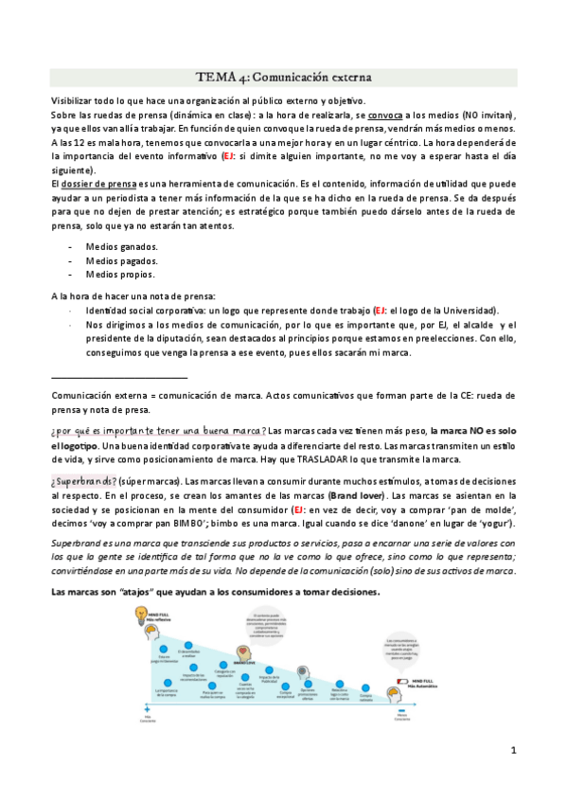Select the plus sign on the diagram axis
(147, 708)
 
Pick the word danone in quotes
(435, 523)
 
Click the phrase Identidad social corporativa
(149, 311)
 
